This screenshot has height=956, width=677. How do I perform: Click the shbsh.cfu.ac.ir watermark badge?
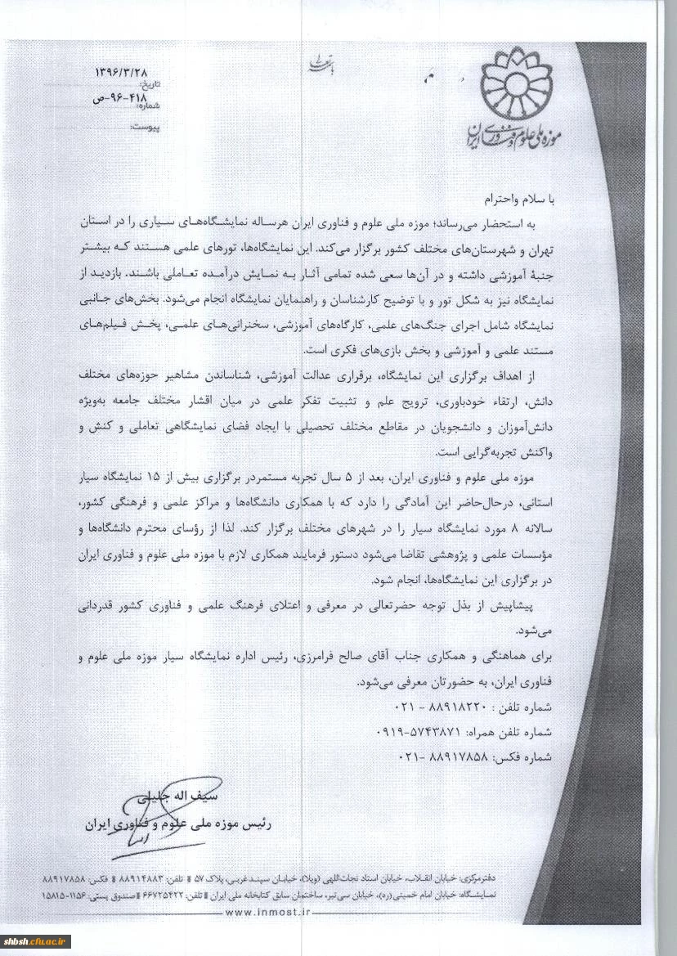(37, 941)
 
